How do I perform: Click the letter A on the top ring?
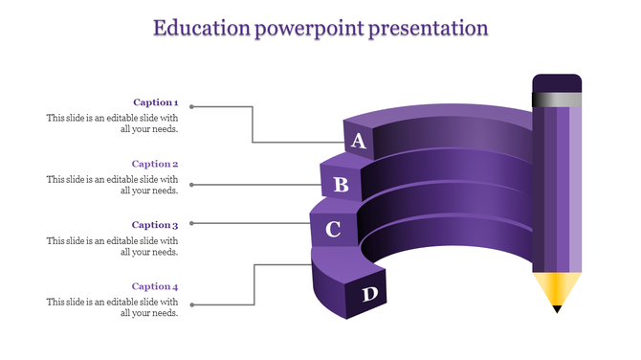click(x=359, y=142)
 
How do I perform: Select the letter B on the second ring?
click(x=341, y=184)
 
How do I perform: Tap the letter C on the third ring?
click(x=333, y=230)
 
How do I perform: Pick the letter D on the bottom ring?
click(x=369, y=294)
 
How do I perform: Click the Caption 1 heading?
click(x=155, y=102)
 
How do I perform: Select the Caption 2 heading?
click(x=155, y=164)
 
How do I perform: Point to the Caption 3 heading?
click(x=155, y=225)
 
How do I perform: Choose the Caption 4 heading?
click(x=155, y=286)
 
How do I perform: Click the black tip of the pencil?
click(x=557, y=308)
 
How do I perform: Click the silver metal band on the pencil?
click(x=557, y=99)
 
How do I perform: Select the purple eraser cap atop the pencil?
click(x=557, y=82)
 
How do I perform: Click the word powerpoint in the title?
click(x=310, y=28)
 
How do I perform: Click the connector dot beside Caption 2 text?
click(x=192, y=184)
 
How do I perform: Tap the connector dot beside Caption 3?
click(x=192, y=223)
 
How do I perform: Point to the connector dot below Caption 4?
click(x=192, y=305)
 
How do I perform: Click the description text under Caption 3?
click(x=112, y=246)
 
